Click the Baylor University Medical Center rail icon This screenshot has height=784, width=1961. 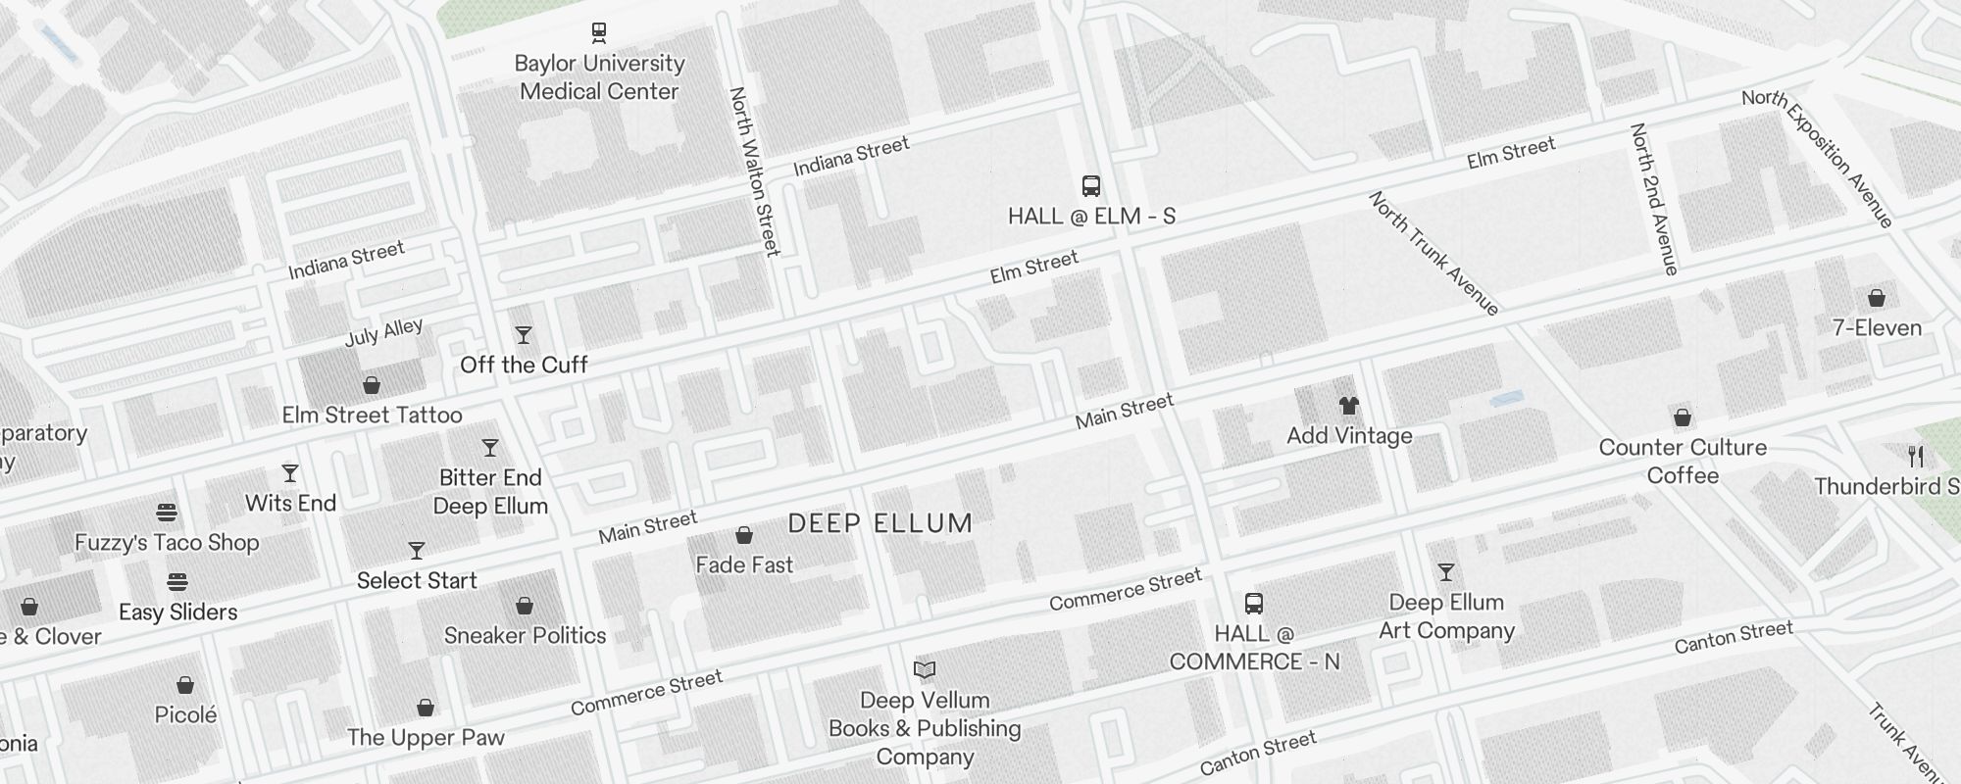599,33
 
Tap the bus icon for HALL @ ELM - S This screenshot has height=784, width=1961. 1090,186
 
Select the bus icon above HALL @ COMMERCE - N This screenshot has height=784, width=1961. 1253,604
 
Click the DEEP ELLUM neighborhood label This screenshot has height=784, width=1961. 880,523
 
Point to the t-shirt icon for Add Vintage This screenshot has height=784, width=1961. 1349,406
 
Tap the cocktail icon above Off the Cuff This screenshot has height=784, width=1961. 524,335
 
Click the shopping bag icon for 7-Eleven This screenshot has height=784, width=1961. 1877,298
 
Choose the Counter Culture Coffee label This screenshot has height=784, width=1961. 1683,462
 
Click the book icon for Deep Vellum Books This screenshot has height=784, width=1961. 925,670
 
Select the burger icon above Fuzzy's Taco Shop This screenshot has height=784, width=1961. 167,513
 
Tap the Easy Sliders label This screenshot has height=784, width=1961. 178,612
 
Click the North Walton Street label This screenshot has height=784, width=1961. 755,171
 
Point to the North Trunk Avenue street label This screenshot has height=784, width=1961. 1433,254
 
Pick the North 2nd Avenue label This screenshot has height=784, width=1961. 1654,199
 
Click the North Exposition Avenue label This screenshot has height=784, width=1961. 1817,159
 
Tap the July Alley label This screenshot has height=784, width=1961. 383,332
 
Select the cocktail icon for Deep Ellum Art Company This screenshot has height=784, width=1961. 1446,572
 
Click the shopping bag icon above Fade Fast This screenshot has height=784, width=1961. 744,535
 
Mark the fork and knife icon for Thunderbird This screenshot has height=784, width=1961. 1916,457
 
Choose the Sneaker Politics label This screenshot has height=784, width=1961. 526,635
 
